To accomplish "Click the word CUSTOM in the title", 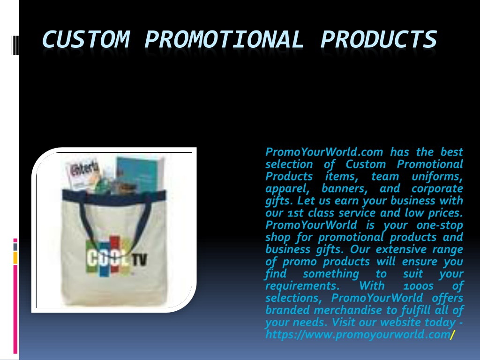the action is [86, 39].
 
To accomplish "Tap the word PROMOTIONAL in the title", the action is [224, 39].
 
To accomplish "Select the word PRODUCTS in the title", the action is [378, 39].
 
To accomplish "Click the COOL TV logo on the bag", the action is [116, 256].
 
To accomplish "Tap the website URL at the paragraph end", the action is [358, 334].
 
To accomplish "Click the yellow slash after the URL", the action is [453, 334].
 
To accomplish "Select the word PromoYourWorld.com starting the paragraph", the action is [324, 152].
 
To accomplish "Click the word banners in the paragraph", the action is [345, 188].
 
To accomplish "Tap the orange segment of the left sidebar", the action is [15, 258].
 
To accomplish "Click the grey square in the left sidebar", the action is [15, 247].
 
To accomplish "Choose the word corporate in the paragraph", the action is [437, 188].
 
